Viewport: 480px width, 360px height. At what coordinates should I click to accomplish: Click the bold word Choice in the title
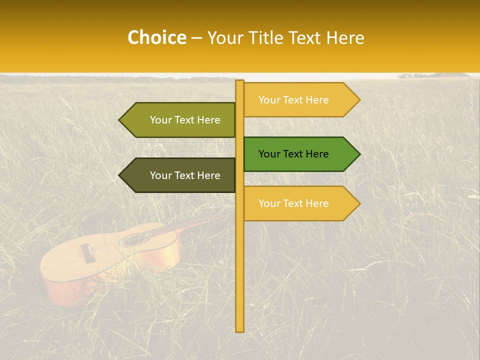(156, 37)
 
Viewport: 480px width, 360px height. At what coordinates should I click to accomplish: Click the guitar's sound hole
(136, 238)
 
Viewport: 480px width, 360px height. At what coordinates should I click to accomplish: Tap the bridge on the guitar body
(88, 253)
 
